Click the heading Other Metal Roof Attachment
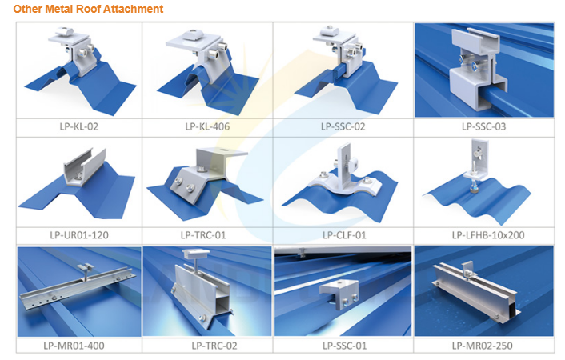[88, 9]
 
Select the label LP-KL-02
[79, 126]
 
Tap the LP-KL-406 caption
[207, 126]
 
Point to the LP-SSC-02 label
[343, 126]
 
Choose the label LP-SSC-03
[484, 126]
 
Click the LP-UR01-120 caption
[79, 235]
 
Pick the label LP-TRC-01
[203, 235]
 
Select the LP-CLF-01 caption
[344, 235]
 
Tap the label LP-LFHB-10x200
[488, 235]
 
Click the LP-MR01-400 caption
[74, 346]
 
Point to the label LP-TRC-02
[214, 346]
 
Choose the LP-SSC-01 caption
[344, 346]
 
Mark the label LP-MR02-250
[482, 346]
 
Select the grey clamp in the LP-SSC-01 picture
[339, 294]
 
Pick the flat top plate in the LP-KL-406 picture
[194, 42]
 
